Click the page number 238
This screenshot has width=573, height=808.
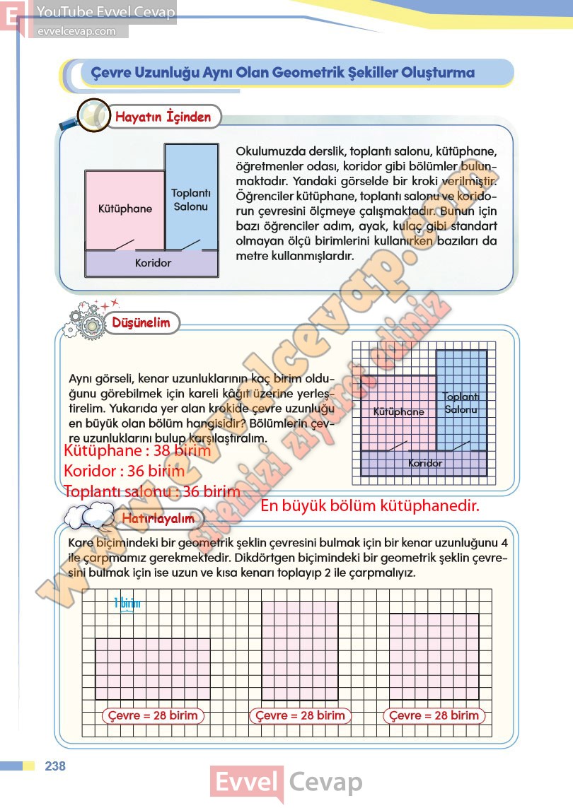pyautogui.click(x=54, y=766)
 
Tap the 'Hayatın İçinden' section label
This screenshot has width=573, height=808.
pyautogui.click(x=163, y=117)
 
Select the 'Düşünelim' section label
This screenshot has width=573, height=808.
pyautogui.click(x=141, y=322)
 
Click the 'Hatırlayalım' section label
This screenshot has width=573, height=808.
pyautogui.click(x=158, y=518)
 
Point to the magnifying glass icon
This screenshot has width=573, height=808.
pyautogui.click(x=89, y=115)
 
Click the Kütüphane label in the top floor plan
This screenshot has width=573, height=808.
pyautogui.click(x=125, y=209)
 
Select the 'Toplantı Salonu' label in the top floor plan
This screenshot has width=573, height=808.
pyautogui.click(x=190, y=199)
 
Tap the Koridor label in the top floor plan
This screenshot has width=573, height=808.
pyautogui.click(x=153, y=263)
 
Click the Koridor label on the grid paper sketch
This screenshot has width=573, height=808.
pyautogui.click(x=425, y=464)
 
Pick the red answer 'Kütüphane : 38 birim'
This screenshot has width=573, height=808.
pyautogui.click(x=137, y=450)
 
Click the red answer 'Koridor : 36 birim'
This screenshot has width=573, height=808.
pyautogui.click(x=124, y=471)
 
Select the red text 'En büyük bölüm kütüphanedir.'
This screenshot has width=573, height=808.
pyautogui.click(x=370, y=505)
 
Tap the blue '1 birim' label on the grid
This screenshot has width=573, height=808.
pyautogui.click(x=127, y=603)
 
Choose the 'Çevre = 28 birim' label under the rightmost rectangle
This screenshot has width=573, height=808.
pyautogui.click(x=435, y=715)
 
